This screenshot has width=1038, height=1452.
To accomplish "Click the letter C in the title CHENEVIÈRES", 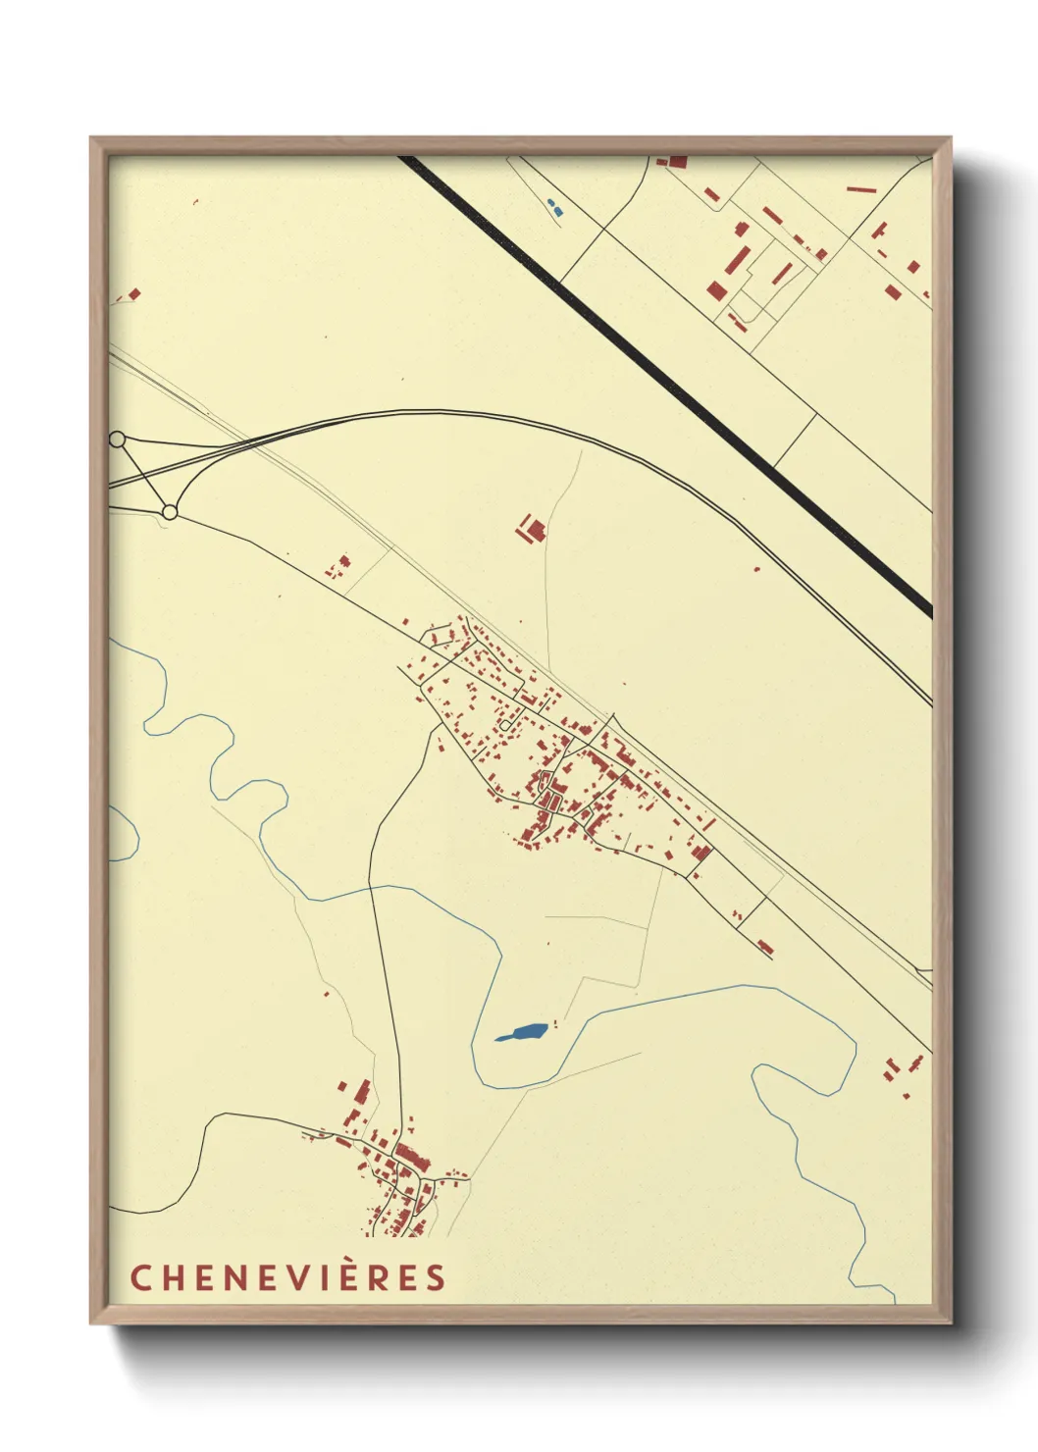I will (139, 1278).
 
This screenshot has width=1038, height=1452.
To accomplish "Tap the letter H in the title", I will (171, 1278).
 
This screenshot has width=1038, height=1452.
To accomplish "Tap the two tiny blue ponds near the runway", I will (555, 208).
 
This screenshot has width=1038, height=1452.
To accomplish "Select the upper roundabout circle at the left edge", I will (117, 440).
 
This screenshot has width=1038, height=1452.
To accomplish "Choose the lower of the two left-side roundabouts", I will (170, 512).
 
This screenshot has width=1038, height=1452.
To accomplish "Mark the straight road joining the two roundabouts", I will (143, 476).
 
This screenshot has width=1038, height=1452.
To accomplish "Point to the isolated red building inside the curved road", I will (533, 530).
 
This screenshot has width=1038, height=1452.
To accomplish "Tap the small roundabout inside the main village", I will (505, 725).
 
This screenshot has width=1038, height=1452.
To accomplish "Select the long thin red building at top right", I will (860, 189).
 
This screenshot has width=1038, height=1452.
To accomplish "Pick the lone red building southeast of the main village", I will (765, 947).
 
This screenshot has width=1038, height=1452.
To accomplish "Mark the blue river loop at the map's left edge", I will (123, 834).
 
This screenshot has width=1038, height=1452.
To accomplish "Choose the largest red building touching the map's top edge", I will (677, 162).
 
